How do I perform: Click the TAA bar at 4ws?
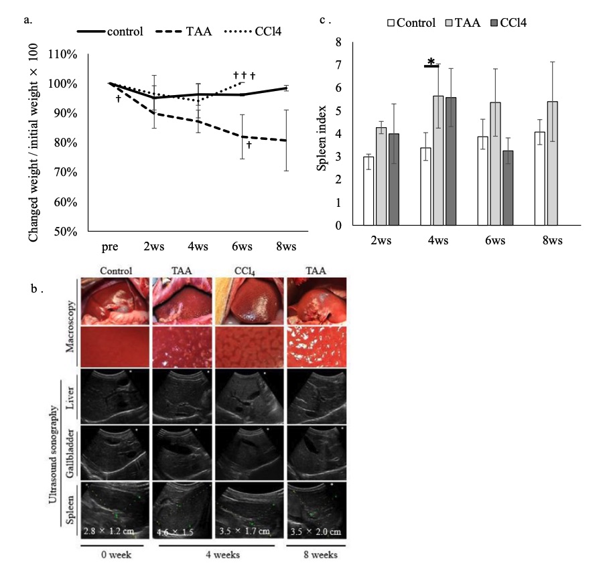coord(438,161)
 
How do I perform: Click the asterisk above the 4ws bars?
coord(432,62)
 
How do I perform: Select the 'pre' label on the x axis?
coord(110,246)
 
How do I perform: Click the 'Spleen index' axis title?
coord(322,133)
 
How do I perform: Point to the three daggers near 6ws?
coord(244,76)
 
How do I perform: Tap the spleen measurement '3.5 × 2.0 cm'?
coord(315,531)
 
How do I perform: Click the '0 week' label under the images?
coord(111,556)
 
